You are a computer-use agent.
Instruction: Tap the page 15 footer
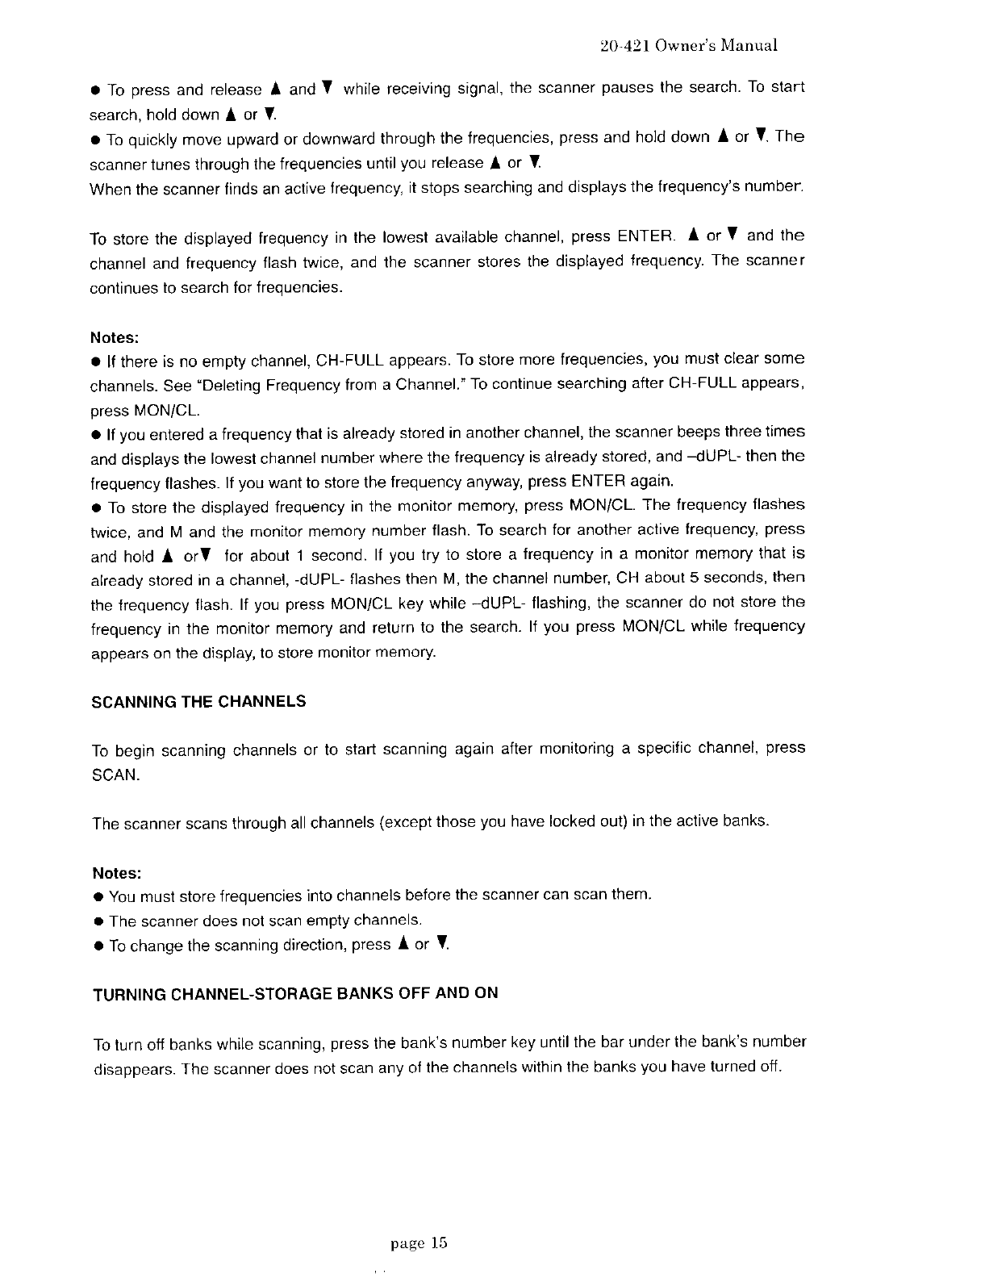(x=418, y=1243)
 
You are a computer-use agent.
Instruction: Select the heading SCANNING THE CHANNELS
(x=199, y=701)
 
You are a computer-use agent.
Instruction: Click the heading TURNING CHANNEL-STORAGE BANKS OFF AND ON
(x=295, y=993)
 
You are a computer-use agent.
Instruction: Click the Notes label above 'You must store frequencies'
(x=117, y=873)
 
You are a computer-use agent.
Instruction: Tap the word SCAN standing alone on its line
(x=115, y=775)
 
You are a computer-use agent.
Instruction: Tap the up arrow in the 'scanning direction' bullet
(x=402, y=944)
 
